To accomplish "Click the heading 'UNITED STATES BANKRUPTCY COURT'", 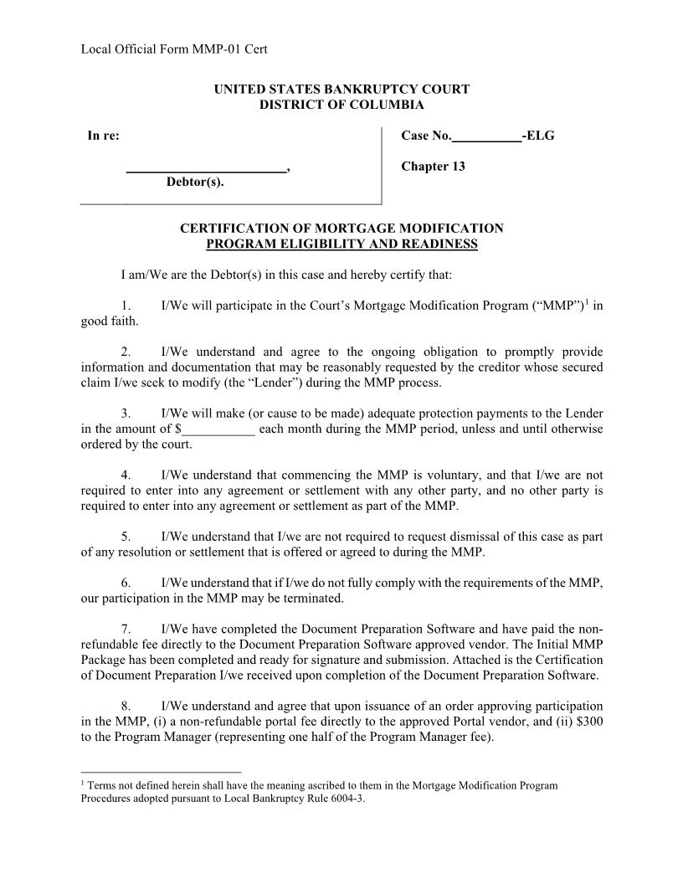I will pyautogui.click(x=341, y=89).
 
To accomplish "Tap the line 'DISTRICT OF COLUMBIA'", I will pyautogui.click(x=341, y=105).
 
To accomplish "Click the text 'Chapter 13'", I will pyautogui.click(x=433, y=166).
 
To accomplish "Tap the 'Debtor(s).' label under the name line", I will pyautogui.click(x=194, y=182).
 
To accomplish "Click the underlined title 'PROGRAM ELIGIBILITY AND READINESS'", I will pyautogui.click(x=341, y=244).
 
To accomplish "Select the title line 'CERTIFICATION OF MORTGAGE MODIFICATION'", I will pyautogui.click(x=341, y=228).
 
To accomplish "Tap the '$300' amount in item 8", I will pyautogui.click(x=589, y=722).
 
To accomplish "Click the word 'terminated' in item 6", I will pyautogui.click(x=316, y=599).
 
